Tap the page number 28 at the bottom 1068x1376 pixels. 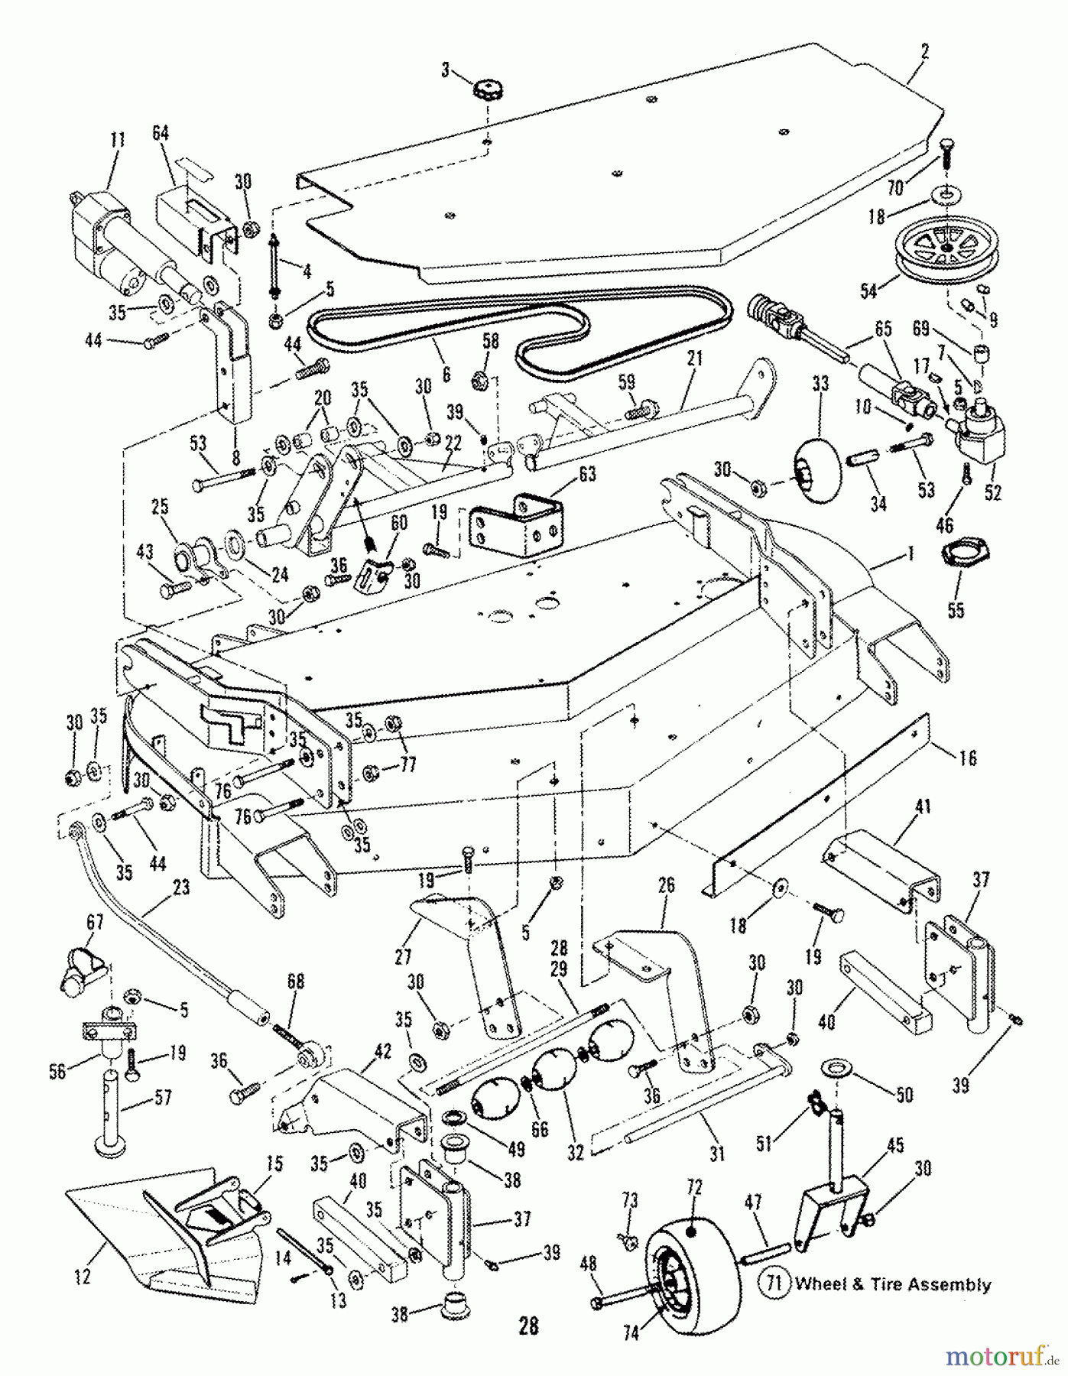click(528, 1327)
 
